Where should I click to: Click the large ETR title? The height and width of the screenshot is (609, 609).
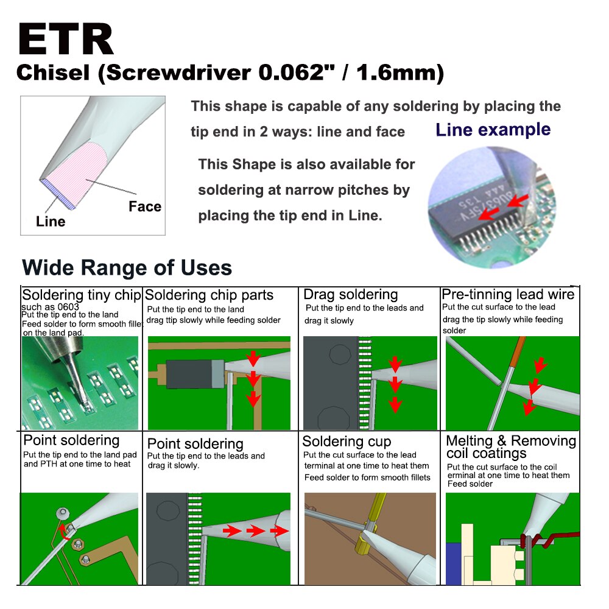66,39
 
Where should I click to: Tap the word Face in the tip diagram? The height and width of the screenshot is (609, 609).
145,206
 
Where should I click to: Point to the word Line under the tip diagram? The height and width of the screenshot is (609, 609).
51,222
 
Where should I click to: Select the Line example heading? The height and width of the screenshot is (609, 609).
493,130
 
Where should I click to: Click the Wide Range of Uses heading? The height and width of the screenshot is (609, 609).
127,267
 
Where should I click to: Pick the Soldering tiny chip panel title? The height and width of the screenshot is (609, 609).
82,295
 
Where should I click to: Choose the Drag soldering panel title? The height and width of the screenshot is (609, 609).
351,294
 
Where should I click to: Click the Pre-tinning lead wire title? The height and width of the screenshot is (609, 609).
508,294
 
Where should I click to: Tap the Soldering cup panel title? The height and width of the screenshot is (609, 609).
347,441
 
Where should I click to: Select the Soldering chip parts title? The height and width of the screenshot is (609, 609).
209,295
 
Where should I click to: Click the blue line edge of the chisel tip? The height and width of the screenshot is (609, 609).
58,194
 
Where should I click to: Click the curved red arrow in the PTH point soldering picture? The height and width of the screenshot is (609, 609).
63,532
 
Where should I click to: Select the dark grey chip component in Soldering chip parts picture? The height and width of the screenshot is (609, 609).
189,374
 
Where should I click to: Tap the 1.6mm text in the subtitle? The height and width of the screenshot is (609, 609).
400,72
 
